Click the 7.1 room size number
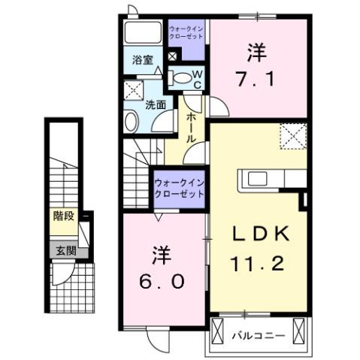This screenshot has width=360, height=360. pos(254,77)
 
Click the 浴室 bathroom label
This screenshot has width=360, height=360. pos(143,59)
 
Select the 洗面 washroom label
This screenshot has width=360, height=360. pos(156,105)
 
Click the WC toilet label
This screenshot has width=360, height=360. pos(197,80)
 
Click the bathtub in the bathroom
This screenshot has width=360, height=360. pos(142,33)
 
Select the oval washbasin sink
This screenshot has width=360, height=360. pos(130,121)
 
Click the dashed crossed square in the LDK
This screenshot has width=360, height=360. pos(292,135)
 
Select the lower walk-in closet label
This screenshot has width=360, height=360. pos(178,188)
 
